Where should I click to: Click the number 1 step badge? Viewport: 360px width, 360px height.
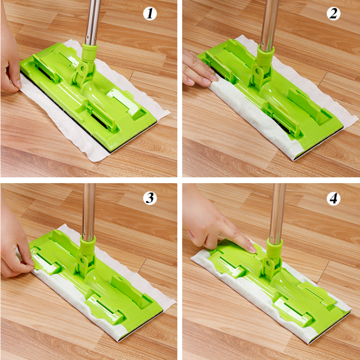(x=150, y=14)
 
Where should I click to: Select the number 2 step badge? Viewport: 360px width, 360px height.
(x=333, y=14)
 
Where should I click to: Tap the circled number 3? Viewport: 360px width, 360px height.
(x=150, y=198)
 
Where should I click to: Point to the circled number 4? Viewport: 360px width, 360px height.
(x=333, y=198)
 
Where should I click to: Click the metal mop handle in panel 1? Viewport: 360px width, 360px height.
(x=94, y=20)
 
